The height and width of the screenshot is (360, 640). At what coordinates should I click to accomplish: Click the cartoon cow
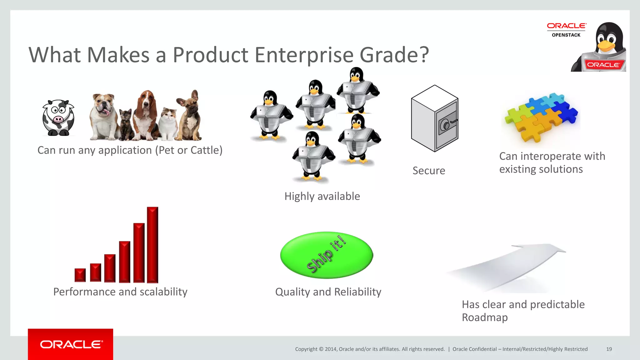point(58,118)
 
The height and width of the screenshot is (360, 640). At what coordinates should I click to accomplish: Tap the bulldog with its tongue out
point(103,116)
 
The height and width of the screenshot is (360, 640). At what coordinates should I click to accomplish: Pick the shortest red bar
point(80,275)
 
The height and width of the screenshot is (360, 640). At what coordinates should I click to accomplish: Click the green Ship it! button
point(327,255)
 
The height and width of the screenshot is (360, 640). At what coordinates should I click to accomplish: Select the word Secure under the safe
point(429,171)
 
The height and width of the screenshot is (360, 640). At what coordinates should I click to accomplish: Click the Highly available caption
point(322,196)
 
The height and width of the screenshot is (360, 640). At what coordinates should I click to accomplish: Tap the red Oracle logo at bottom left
point(71,344)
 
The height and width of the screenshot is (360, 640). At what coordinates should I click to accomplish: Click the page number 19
point(609,349)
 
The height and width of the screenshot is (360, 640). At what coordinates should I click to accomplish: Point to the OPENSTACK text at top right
point(566,35)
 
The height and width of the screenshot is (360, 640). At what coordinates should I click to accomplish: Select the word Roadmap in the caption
point(485,317)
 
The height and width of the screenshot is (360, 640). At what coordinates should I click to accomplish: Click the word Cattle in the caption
point(205,150)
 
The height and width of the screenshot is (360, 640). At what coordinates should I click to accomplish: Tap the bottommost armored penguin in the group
point(312,156)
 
